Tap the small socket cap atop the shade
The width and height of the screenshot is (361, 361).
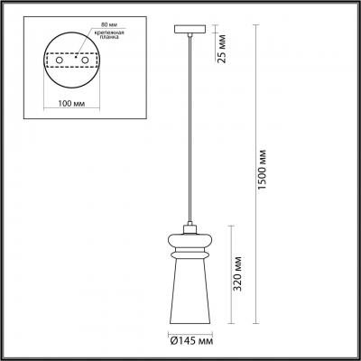coord(190,224)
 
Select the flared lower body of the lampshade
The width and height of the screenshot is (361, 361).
coord(190,293)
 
